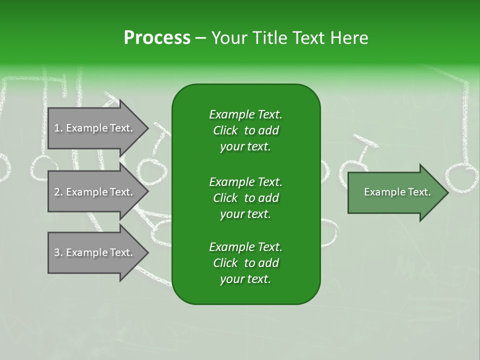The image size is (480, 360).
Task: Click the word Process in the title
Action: [157, 38]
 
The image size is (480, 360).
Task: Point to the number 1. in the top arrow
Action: [58, 128]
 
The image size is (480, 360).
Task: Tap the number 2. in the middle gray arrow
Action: [58, 192]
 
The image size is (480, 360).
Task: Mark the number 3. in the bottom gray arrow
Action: [58, 252]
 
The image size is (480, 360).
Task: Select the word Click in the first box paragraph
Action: [225, 130]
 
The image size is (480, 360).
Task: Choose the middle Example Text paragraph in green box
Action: [245, 197]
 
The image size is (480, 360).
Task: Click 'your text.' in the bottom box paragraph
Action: [245, 279]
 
